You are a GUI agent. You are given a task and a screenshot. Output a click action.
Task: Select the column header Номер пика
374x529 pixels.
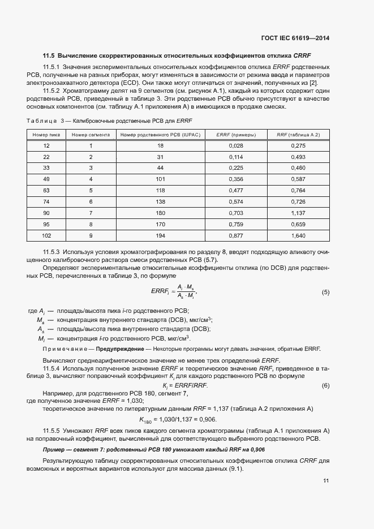(x=46, y=135)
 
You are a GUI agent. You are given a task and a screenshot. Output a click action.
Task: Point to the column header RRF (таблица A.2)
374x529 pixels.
(x=298, y=135)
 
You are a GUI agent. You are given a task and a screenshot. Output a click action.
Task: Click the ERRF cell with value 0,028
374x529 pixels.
(x=236, y=146)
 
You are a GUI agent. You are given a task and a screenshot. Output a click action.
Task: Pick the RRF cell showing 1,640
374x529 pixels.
(x=298, y=236)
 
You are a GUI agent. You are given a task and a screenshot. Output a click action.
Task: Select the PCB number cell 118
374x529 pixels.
(x=160, y=191)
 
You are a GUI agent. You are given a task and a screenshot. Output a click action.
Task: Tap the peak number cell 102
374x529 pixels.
(x=46, y=236)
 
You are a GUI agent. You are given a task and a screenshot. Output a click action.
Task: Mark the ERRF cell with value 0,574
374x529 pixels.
(x=236, y=202)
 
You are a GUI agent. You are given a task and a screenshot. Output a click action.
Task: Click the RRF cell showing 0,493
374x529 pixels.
(x=298, y=157)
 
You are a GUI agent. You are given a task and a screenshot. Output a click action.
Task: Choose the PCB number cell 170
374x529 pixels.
(x=160, y=225)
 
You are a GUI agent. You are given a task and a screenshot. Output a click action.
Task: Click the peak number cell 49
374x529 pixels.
(x=46, y=179)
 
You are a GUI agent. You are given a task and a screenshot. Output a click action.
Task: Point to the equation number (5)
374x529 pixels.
(x=325, y=292)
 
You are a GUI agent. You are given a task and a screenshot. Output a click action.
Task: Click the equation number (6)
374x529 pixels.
(x=325, y=385)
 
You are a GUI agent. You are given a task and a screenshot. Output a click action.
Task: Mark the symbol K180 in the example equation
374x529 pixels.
(x=146, y=420)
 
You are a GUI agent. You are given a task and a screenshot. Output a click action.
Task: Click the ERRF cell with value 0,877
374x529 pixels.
(x=236, y=236)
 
